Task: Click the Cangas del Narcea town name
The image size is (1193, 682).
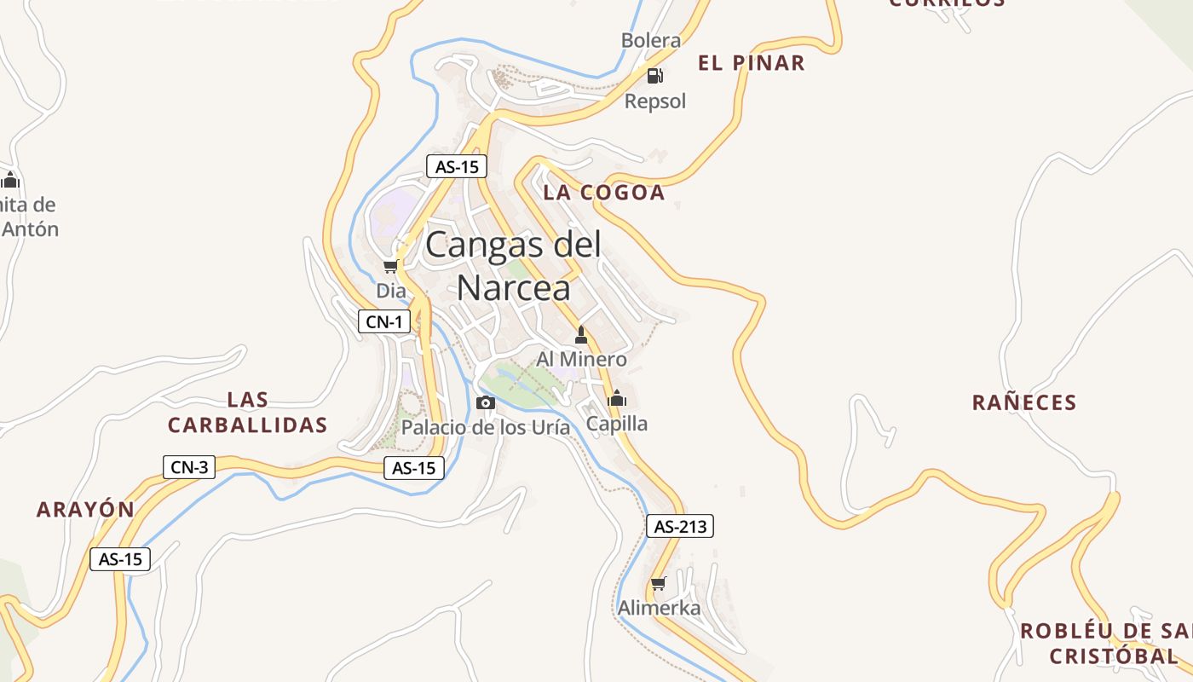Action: (x=513, y=266)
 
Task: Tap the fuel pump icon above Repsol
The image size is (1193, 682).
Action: (x=654, y=76)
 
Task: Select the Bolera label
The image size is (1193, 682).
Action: (x=651, y=40)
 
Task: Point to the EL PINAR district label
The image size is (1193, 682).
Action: (x=751, y=63)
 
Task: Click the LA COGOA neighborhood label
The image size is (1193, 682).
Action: (x=603, y=193)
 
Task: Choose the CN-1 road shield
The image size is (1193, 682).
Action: (x=383, y=321)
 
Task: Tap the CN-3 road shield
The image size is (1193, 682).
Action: (x=189, y=466)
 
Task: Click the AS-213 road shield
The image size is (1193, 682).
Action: (x=680, y=527)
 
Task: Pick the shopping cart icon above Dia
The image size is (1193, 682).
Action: (x=390, y=267)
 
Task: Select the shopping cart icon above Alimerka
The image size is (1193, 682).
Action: (x=658, y=584)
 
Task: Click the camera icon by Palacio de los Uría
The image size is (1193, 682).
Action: (x=485, y=402)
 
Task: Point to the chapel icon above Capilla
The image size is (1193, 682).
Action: (x=617, y=398)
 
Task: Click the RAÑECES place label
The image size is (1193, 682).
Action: (x=1024, y=402)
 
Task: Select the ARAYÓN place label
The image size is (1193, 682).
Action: (x=85, y=510)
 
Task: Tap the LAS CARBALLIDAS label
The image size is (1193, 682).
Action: (x=248, y=413)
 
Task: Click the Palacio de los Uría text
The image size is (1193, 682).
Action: (x=486, y=427)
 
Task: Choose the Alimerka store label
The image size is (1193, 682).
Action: (x=659, y=608)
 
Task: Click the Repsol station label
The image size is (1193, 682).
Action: (x=654, y=101)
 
